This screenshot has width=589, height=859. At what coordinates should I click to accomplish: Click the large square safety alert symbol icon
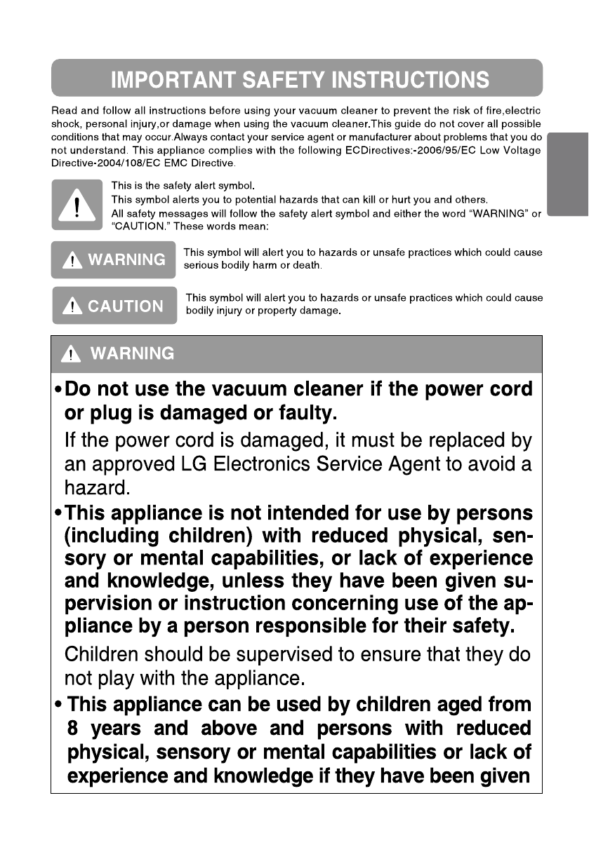[x=77, y=205]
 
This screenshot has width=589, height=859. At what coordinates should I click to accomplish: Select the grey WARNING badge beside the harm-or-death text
[x=113, y=260]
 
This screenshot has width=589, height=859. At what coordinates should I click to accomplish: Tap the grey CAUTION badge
[x=114, y=306]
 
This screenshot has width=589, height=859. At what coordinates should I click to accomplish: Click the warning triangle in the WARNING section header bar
[x=71, y=354]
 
